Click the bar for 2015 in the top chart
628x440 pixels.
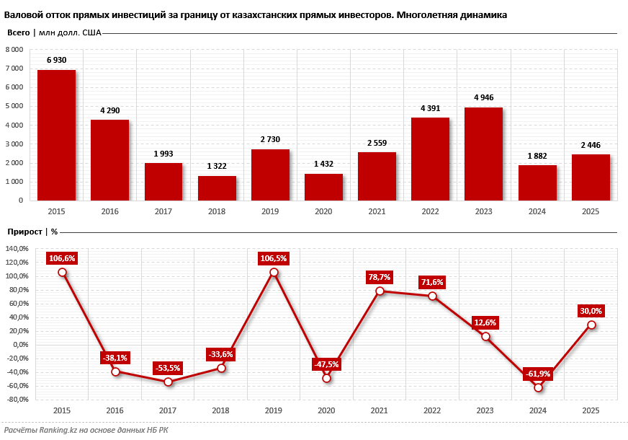coord(56,135)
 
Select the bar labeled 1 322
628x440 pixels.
coord(217,188)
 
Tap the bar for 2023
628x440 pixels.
coord(483,154)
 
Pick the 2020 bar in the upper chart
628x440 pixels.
coord(323,187)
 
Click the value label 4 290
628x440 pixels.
coord(109,110)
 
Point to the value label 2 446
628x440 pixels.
coord(591,145)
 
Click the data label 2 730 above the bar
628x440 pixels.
coord(270,139)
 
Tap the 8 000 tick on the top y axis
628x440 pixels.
coord(14,50)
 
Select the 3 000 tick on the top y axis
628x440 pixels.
coord(14,144)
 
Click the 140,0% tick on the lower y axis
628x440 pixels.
coord(16,249)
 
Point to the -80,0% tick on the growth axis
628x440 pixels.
coord(16,399)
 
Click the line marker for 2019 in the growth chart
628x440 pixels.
coord(274,273)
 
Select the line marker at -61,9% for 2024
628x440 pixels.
coord(538,387)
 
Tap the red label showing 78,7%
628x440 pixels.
coord(379,276)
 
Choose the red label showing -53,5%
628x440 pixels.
coord(168,368)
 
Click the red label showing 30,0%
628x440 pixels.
coord(591,311)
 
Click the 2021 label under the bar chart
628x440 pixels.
coord(377,211)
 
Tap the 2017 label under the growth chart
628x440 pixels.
coord(167,410)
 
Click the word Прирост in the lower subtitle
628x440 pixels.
coord(24,232)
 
